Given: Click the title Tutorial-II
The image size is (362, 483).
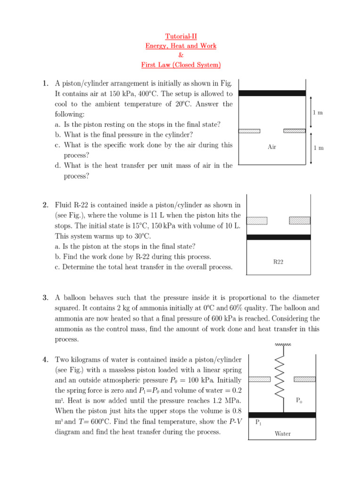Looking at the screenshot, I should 181,36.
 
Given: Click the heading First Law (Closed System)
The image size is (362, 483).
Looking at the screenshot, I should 181,65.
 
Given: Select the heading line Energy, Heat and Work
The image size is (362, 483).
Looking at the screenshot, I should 181,46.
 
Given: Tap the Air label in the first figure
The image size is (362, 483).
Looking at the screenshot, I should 271,147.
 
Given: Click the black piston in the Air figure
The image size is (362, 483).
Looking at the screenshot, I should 272,93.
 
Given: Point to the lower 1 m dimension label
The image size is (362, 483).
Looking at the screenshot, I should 319,148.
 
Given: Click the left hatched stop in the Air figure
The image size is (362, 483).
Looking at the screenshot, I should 249,131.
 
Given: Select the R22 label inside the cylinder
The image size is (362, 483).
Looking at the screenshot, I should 278,262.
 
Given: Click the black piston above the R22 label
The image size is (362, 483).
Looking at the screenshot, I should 279,237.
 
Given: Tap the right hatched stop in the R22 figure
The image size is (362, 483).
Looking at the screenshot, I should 299,220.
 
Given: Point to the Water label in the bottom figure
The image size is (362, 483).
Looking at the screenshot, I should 282,433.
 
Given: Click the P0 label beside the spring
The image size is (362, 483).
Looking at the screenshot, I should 299,400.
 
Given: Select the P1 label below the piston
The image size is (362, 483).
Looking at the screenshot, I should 258,423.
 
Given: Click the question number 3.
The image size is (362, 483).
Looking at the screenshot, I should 45,298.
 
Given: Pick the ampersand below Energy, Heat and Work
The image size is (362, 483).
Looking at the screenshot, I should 181,55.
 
